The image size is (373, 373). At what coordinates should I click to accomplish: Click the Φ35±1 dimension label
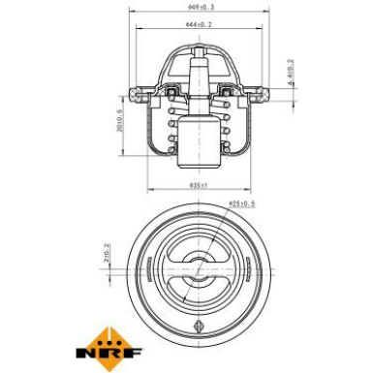(199, 184)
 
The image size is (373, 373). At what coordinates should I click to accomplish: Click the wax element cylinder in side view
(201, 140)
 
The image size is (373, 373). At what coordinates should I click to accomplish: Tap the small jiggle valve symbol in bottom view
(201, 326)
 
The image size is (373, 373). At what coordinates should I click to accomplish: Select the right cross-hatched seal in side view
(228, 95)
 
